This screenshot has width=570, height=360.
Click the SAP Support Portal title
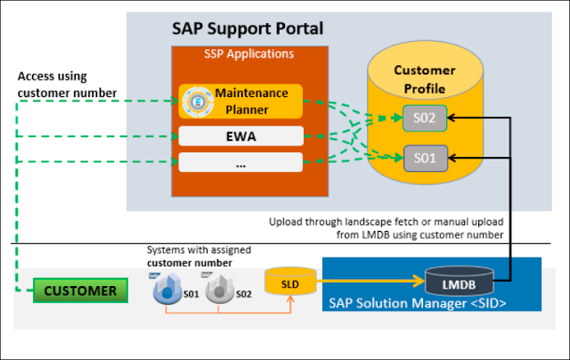pos(247,28)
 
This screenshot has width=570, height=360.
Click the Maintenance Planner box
pos(240,100)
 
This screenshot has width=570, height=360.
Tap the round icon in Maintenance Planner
pos(195,100)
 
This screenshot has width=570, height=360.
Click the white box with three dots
pos(240,162)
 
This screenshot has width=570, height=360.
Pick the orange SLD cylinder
pos(289,282)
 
